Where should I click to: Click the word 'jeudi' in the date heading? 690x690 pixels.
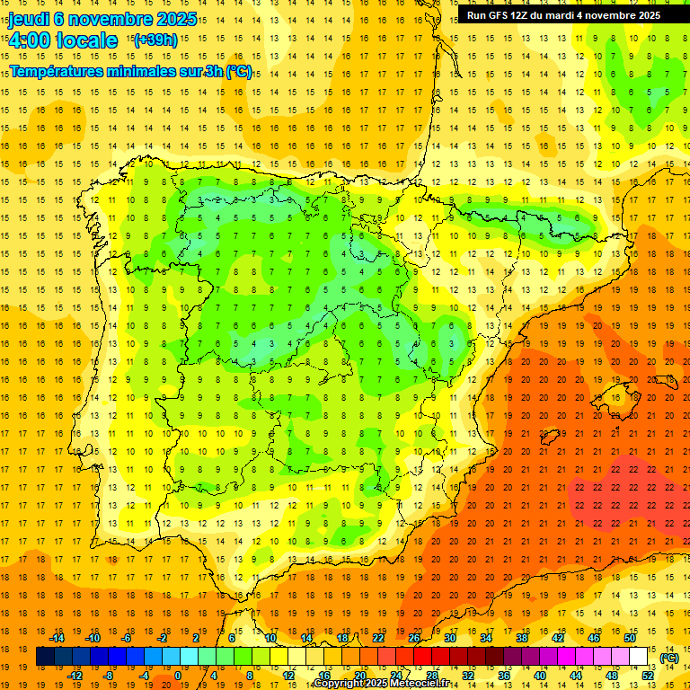[28, 18]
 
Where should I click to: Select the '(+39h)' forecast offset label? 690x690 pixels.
[155, 40]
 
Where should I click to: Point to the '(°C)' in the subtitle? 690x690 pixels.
[239, 72]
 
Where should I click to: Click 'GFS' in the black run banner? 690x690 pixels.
[500, 15]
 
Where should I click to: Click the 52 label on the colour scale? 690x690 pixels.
[648, 676]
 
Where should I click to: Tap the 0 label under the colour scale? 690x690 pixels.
[178, 676]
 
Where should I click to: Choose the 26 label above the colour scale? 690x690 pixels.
[414, 637]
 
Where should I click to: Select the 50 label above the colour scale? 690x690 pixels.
[630, 637]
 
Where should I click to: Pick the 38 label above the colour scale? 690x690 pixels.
[522, 637]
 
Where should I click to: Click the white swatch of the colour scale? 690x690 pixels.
[639, 657]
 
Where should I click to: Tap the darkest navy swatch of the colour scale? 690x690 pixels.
[45, 657]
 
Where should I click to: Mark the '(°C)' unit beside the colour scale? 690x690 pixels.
[668, 658]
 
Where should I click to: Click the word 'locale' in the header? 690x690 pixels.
[86, 40]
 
